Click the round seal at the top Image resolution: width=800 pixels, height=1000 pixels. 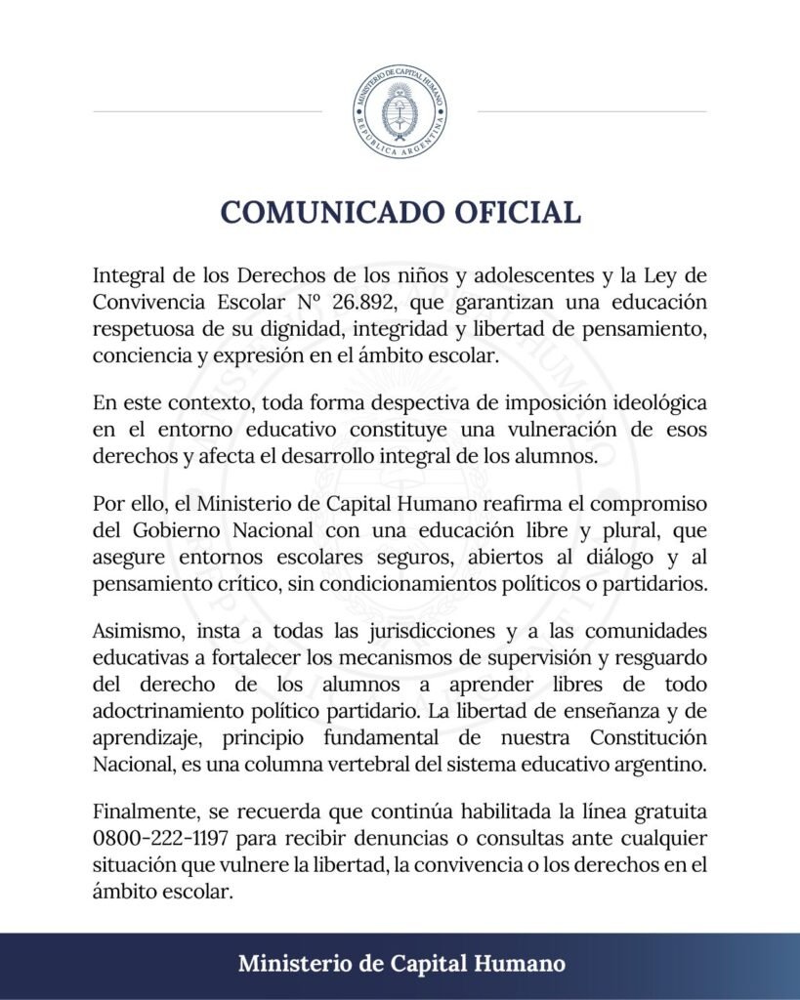point(400,113)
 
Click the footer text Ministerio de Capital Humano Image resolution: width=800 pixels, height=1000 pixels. point(400,964)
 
